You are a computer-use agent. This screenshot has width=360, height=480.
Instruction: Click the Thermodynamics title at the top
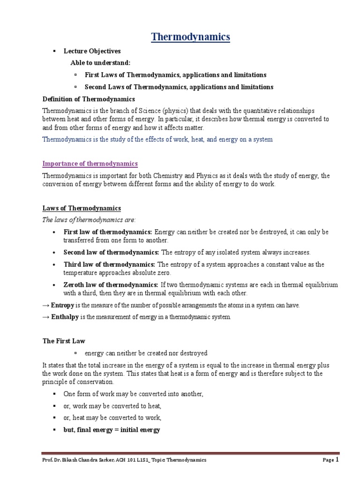coord(190,37)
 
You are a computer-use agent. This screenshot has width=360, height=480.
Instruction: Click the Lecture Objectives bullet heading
coord(92,51)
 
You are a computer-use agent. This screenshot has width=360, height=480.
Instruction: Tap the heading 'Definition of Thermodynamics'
coord(89,99)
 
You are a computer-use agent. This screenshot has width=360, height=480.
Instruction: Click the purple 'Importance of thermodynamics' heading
coord(90,164)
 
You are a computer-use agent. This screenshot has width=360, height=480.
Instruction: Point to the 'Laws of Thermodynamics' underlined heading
coord(82,208)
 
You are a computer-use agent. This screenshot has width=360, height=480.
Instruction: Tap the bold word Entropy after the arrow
coord(62,305)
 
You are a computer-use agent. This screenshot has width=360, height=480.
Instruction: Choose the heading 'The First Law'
coord(64,341)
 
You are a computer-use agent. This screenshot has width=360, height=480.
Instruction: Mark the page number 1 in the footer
coord(337,459)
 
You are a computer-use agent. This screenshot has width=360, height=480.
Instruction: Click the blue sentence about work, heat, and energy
coord(157,139)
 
